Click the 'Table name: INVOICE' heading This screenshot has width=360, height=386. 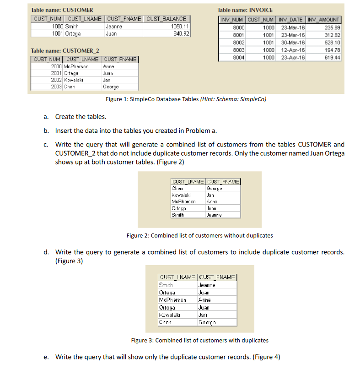(245, 10)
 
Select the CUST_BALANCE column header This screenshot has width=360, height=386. (167, 19)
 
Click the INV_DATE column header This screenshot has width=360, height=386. (290, 20)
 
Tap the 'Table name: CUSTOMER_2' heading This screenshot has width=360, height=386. (65, 50)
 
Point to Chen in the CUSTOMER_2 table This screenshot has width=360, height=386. (70, 87)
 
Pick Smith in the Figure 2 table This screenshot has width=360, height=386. (177, 215)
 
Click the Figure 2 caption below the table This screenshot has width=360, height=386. (199, 235)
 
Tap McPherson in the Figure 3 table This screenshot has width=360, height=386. (172, 300)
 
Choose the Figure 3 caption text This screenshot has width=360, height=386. (199, 340)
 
